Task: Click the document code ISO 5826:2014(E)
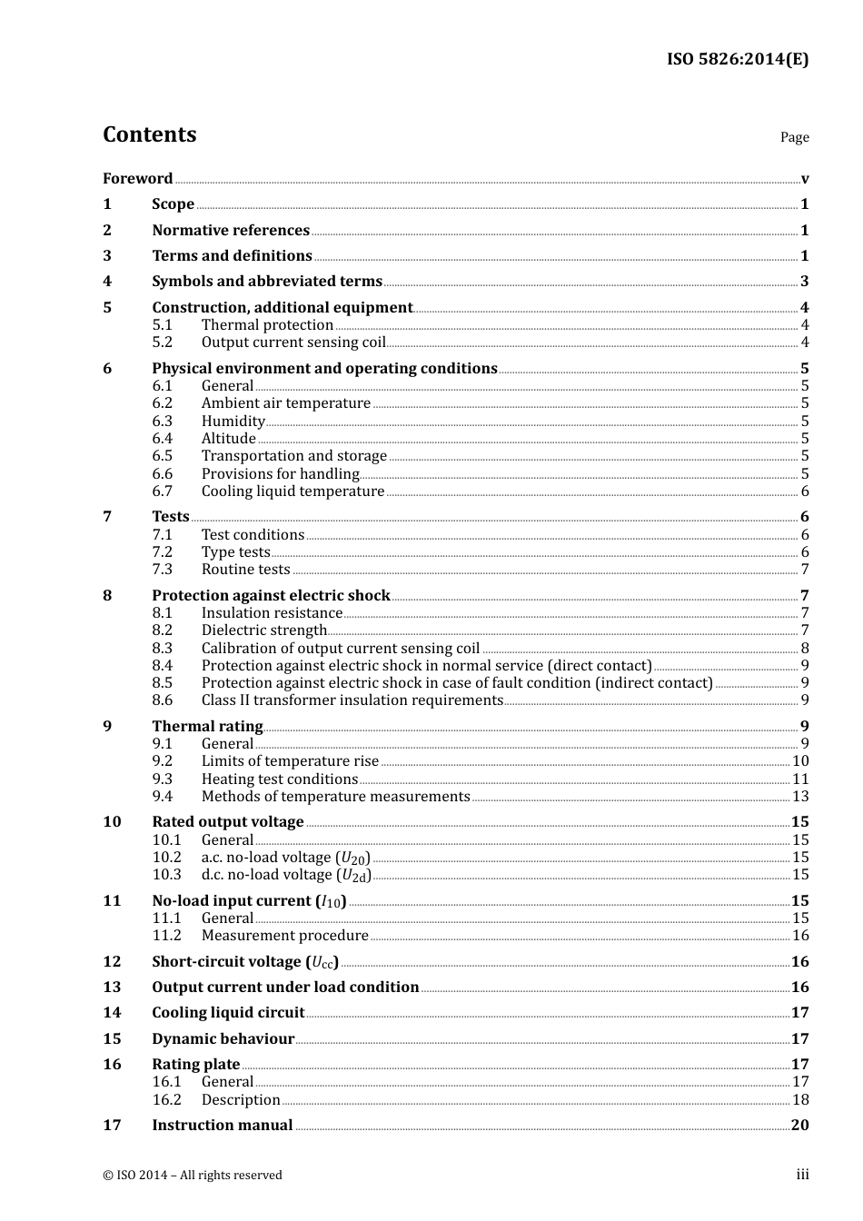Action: point(737,59)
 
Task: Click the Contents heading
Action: point(149,134)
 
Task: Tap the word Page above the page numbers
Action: point(794,137)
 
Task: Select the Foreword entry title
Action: point(137,179)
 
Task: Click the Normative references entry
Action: point(231,231)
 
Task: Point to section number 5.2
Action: point(162,342)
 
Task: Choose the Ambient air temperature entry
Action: point(285,403)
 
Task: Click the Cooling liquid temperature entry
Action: point(293,491)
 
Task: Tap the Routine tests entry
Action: point(245,570)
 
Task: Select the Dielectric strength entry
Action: point(263,630)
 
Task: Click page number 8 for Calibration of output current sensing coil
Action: point(804,649)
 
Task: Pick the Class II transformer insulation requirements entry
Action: point(352,700)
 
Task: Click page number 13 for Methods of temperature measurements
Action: point(799,797)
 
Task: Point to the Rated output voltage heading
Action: point(227,822)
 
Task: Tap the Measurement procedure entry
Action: point(284,936)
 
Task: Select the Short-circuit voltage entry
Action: point(244,962)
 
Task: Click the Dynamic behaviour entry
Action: point(223,1039)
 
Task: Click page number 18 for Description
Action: point(799,1100)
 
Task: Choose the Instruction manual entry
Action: point(222,1126)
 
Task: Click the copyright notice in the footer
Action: point(193,1176)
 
